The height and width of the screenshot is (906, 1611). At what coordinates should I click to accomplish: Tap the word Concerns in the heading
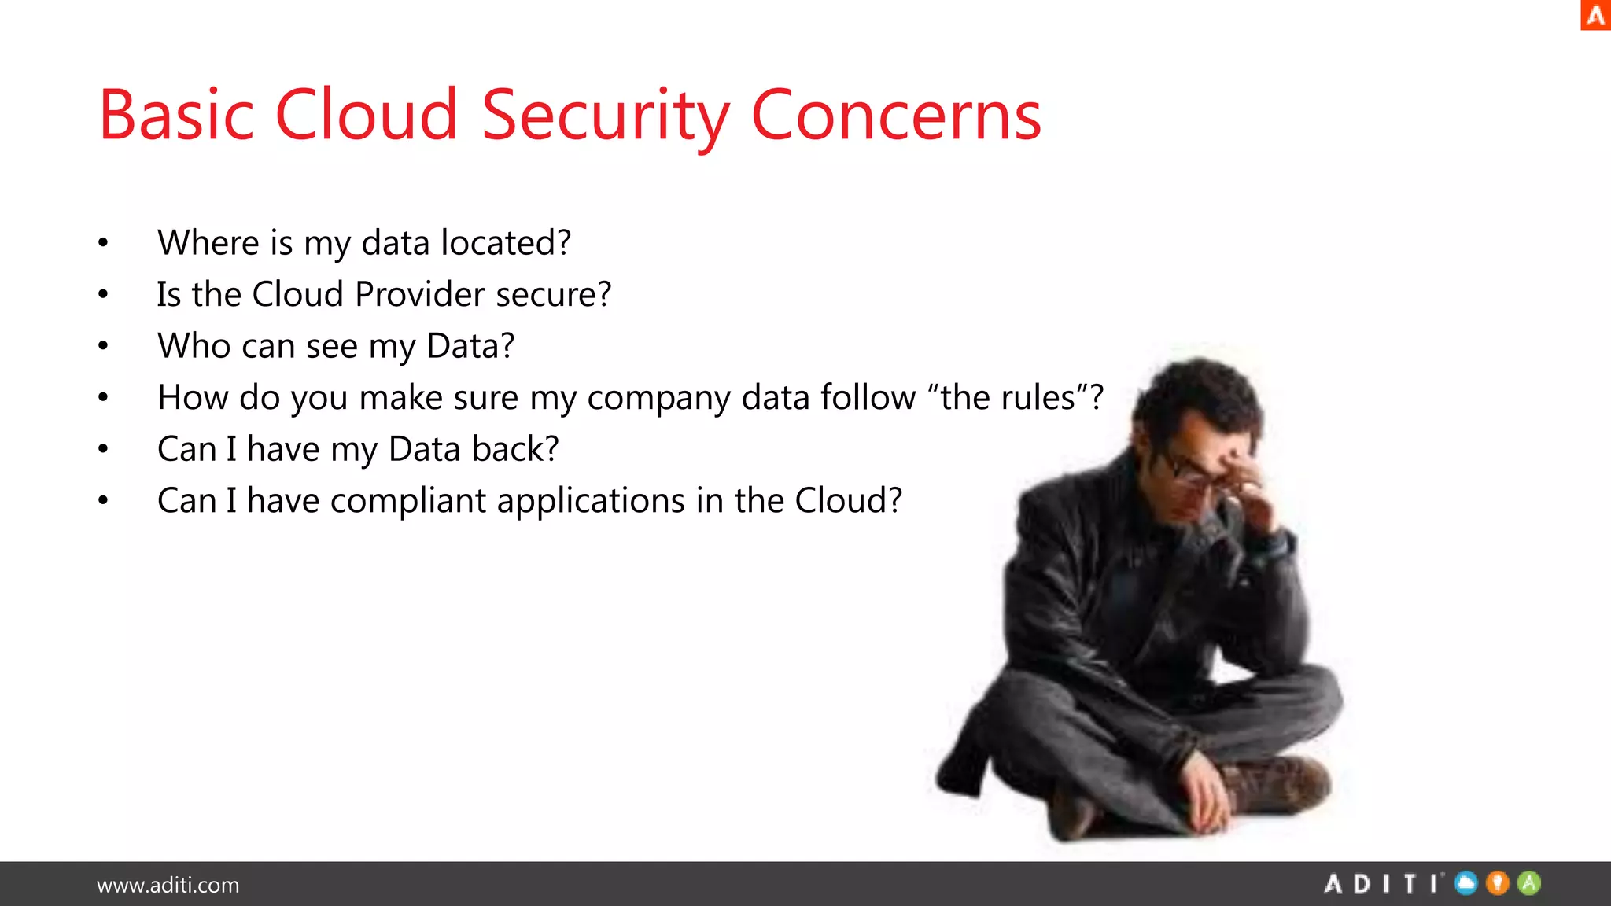pos(896,116)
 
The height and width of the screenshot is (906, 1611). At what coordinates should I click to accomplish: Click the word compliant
pos(408,501)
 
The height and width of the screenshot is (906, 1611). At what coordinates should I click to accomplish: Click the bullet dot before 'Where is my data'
pos(103,243)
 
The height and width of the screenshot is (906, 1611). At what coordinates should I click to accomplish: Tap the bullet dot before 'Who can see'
pos(103,346)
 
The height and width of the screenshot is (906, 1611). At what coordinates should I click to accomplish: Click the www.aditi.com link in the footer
pos(168,885)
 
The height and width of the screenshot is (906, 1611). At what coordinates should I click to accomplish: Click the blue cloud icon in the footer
pos(1465,883)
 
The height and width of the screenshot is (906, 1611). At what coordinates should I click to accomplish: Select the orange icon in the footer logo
pos(1498,883)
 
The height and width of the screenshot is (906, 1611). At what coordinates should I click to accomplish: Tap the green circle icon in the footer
pos(1529,883)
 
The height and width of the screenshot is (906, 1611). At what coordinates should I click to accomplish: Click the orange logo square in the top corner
pos(1595,15)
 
